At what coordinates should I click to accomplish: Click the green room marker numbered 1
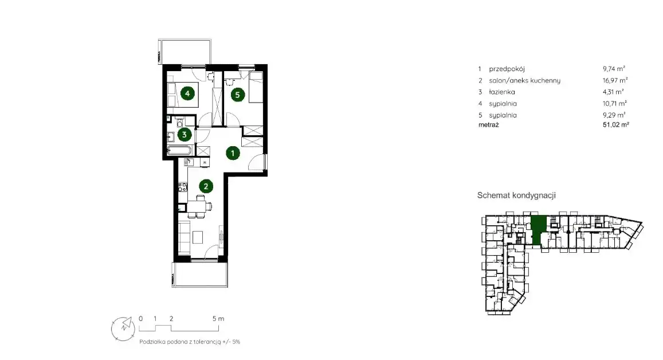(x=233, y=153)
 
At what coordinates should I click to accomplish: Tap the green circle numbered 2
(x=206, y=186)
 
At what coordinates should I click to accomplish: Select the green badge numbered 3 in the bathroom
(x=185, y=135)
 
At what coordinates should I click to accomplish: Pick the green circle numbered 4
(x=187, y=93)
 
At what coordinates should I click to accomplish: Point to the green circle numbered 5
(x=237, y=95)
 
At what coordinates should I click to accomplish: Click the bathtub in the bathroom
(x=179, y=151)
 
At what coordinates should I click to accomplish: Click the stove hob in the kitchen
(x=183, y=187)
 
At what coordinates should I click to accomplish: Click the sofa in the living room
(x=184, y=237)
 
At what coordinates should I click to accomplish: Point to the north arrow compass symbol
(x=123, y=328)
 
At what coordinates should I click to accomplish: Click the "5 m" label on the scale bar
(x=218, y=319)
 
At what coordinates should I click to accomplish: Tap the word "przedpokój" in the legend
(x=507, y=69)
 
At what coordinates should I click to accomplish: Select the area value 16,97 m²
(x=615, y=80)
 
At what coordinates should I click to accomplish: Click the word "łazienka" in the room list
(x=502, y=92)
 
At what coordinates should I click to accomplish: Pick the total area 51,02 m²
(x=616, y=124)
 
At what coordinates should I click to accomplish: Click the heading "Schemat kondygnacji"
(x=516, y=195)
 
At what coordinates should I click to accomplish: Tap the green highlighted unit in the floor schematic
(x=538, y=230)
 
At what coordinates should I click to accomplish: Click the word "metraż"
(x=488, y=125)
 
